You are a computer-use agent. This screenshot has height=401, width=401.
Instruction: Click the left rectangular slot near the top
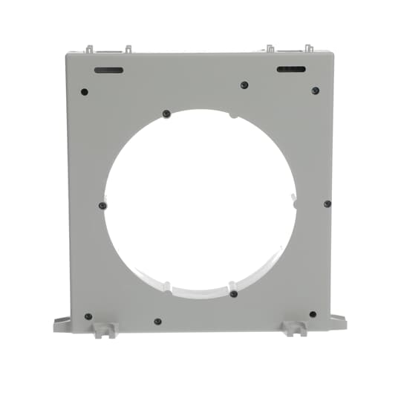pos(108,71)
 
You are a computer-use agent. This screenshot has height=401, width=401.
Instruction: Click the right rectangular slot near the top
pos(291,70)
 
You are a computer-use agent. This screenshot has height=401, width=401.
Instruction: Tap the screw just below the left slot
pos(84,92)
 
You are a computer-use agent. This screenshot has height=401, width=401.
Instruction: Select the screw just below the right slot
pos(315,91)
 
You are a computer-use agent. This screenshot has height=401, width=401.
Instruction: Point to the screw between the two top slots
pos(244,85)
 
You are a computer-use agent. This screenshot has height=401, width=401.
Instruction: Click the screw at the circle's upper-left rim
pos(166,114)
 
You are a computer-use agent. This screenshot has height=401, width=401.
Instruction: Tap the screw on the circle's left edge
pos(102,206)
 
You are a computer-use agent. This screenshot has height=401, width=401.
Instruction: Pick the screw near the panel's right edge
pos(327,203)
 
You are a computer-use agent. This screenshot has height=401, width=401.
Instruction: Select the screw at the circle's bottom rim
pos(233,294)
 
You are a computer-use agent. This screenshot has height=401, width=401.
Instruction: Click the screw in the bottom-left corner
pos(88,316)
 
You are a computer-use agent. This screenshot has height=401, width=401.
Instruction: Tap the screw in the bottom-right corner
pos(313,314)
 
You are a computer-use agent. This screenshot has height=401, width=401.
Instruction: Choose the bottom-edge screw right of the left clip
pos(157,322)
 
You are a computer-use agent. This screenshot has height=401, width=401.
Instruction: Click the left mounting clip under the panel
pos(104,329)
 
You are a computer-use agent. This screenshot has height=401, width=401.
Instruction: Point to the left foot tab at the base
pos(62,324)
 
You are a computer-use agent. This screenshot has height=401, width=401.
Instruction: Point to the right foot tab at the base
pos(337,322)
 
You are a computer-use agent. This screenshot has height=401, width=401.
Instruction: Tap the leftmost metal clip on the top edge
pos(90,49)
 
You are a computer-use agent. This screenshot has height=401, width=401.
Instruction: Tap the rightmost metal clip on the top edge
pos(308,48)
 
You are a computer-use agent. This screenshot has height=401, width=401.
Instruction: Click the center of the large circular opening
pos(200,203)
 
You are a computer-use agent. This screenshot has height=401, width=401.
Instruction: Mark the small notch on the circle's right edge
pos(295,202)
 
